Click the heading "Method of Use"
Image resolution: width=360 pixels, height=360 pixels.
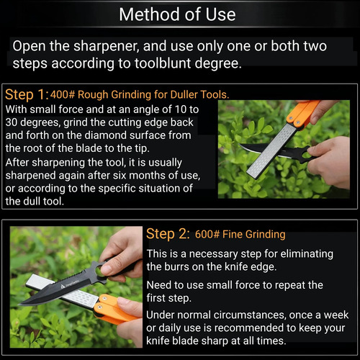[x=177, y=14]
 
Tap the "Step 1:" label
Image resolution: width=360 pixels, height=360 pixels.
[x=27, y=94]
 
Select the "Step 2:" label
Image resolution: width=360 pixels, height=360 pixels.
[x=168, y=234]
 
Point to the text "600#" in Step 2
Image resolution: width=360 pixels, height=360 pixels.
[x=207, y=234]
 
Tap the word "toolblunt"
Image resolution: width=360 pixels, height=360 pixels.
[x=163, y=63]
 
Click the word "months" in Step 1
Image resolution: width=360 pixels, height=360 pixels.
[x=147, y=176]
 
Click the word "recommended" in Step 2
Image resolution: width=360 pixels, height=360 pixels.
[x=250, y=328]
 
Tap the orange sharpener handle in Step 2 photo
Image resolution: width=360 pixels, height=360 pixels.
[x=114, y=309]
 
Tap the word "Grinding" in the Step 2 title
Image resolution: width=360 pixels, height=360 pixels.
[x=266, y=235]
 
